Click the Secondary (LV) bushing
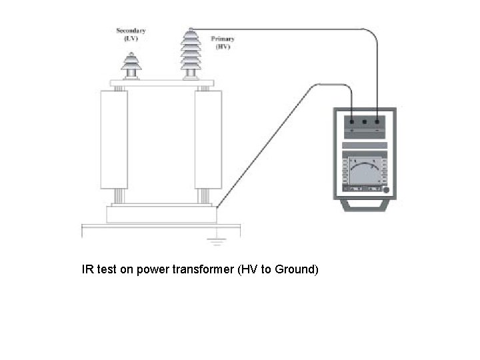[x=131, y=63]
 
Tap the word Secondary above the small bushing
[x=131, y=31]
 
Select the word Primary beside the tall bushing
[x=222, y=39]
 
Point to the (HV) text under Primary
[x=222, y=47]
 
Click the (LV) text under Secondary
[x=131, y=39]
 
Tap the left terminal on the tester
[x=351, y=123]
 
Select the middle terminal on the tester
[x=364, y=123]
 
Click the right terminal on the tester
[x=377, y=123]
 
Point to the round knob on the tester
[x=385, y=190]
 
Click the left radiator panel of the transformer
[x=114, y=141]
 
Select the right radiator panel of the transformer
[x=208, y=141]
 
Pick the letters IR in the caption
[x=87, y=270]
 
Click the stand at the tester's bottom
[x=365, y=206]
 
